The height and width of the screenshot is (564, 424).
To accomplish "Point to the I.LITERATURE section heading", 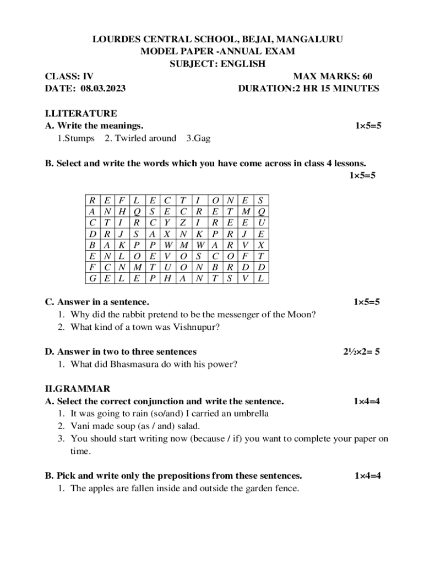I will tap(81, 113).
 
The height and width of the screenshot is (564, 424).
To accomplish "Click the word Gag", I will tap(200, 138).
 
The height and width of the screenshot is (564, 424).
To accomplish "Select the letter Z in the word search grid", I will tap(183, 223).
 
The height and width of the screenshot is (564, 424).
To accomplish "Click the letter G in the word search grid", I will tap(91, 278).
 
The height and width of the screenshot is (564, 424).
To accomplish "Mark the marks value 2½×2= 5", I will tap(361, 351).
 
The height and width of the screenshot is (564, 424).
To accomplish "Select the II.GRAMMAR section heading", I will tap(78, 389).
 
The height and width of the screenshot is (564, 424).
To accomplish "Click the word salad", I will tap(188, 426).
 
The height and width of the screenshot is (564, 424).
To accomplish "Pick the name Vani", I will tap(80, 426).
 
